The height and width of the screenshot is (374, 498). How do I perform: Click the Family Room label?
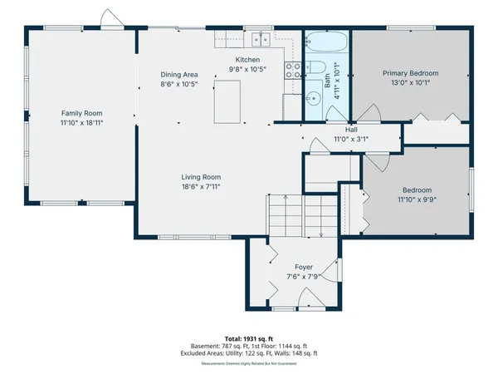click(x=81, y=113)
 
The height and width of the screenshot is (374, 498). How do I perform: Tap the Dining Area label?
click(x=178, y=75)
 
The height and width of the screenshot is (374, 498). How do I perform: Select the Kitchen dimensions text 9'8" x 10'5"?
click(x=248, y=70)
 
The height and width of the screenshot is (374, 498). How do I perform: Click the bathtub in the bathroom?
click(x=326, y=42)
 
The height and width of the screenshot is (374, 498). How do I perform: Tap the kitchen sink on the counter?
click(x=261, y=38)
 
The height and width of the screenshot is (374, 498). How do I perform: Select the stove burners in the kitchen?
click(x=291, y=70)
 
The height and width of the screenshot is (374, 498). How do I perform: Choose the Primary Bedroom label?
click(x=410, y=73)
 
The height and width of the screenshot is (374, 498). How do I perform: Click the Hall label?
click(x=351, y=130)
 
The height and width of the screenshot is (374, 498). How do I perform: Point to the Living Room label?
click(x=201, y=176)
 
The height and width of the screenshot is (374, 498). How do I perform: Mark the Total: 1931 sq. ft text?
click(x=249, y=339)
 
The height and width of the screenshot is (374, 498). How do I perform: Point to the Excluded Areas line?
click(x=249, y=352)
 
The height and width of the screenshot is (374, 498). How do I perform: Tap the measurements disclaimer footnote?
click(x=249, y=363)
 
